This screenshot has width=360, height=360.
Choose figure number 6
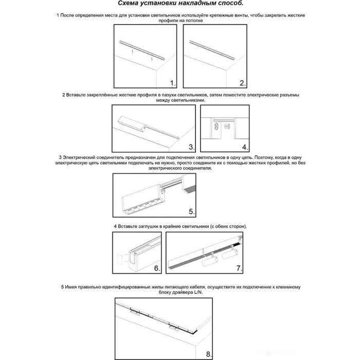157,268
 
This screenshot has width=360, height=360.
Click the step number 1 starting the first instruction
58,16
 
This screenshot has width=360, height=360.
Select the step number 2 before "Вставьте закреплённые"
63,95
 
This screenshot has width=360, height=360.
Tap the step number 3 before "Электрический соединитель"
60,156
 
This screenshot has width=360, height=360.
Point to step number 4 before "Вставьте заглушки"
115,226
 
